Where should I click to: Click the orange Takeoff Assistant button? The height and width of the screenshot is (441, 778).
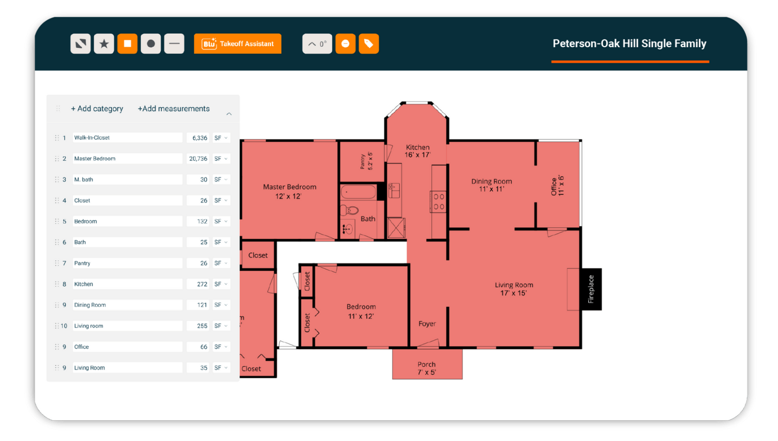[x=237, y=43]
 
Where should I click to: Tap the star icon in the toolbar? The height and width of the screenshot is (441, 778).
[x=104, y=43]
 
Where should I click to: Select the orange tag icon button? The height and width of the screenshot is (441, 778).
[x=368, y=43]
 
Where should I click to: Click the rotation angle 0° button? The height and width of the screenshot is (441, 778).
[x=317, y=43]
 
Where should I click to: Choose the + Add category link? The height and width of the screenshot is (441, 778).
[x=97, y=109]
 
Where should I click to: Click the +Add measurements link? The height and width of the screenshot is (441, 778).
[x=173, y=109]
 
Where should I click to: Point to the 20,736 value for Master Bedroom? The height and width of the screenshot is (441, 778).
[x=198, y=159]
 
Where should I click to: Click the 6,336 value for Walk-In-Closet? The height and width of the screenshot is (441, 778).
[x=199, y=138]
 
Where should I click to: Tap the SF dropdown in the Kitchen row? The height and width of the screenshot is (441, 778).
[x=221, y=284]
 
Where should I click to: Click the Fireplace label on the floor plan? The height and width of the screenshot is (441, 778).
[x=591, y=289]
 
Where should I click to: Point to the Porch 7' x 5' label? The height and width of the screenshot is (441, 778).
[x=427, y=368]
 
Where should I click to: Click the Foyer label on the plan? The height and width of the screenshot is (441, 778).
[x=427, y=324]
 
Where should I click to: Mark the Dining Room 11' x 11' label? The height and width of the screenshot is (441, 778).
[x=491, y=185]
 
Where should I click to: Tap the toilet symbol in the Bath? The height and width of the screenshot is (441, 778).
[x=349, y=210]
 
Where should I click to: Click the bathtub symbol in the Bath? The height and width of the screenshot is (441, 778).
[x=358, y=192]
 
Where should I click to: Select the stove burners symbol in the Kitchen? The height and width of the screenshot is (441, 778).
[x=439, y=201]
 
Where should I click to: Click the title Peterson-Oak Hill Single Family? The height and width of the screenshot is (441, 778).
[x=629, y=43]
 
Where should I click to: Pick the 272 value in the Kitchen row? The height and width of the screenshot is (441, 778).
[x=202, y=284]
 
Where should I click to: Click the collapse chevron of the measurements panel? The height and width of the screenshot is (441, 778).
[x=229, y=113]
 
